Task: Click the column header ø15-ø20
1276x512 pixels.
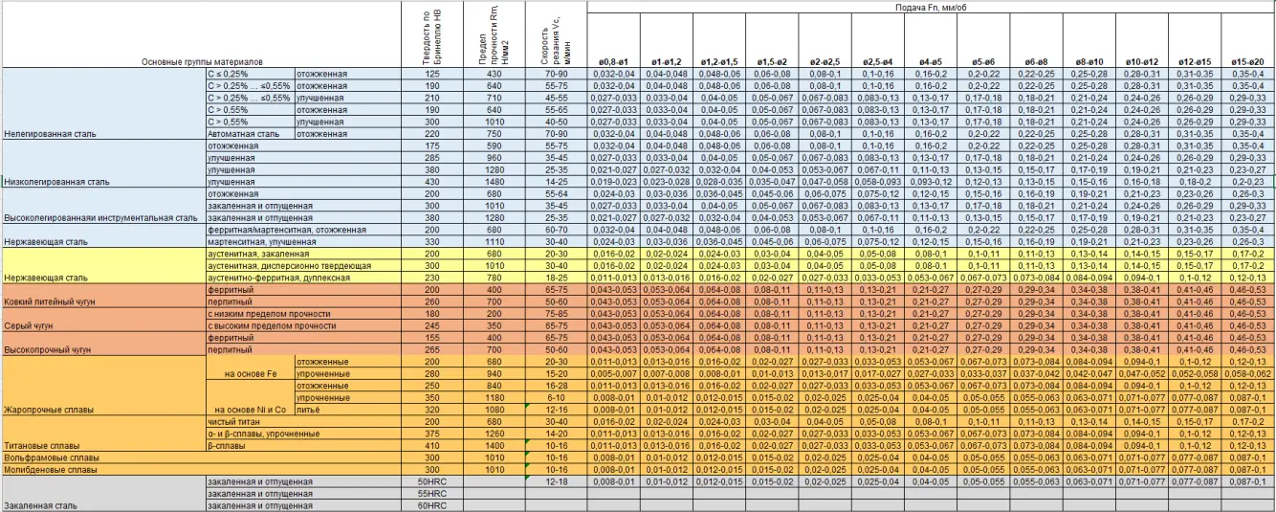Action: [1247, 62]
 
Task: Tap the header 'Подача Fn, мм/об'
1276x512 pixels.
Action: [931, 7]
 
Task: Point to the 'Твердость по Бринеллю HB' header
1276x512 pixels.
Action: [431, 38]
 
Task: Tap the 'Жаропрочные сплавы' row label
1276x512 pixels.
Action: [50, 409]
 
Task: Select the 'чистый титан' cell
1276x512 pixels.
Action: [235, 421]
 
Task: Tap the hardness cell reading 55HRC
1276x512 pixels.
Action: [430, 493]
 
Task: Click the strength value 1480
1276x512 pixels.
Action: [494, 181]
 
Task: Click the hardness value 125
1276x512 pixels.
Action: [431, 74]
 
